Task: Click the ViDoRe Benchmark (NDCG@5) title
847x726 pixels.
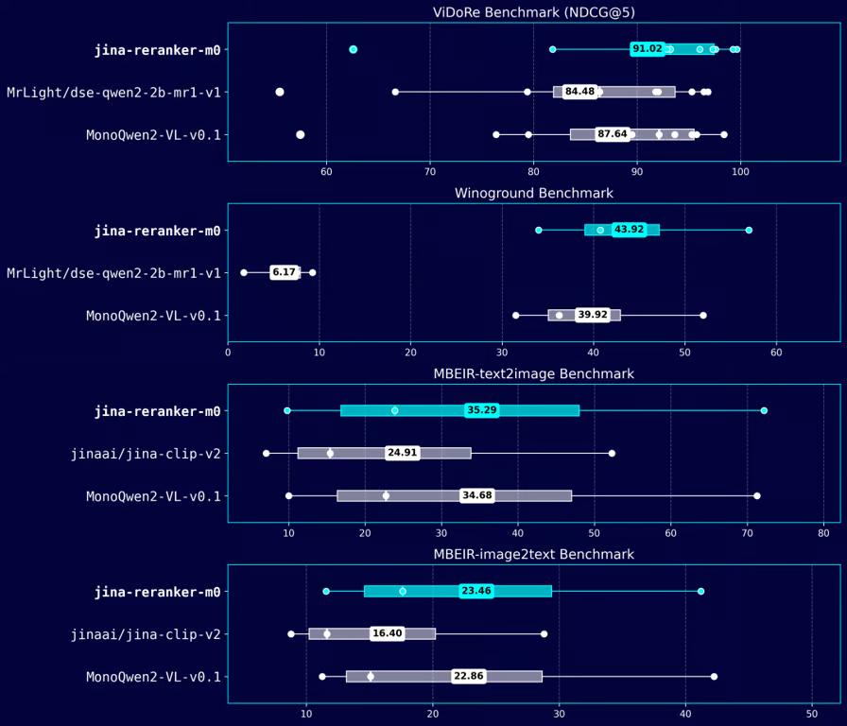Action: pos(533,12)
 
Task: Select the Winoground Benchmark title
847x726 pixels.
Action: pos(533,193)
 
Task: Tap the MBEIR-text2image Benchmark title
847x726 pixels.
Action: pos(533,373)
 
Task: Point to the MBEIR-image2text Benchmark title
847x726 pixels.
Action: pos(533,554)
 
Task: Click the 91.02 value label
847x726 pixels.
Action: pos(648,49)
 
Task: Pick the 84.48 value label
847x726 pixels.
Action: pos(579,92)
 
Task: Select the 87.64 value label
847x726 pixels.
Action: pos(613,134)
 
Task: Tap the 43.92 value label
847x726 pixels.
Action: pos(629,230)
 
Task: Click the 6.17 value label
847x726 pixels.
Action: pos(284,272)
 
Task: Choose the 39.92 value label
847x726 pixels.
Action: pos(592,315)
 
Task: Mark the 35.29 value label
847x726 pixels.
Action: pos(481,410)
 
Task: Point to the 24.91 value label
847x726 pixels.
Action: pos(402,453)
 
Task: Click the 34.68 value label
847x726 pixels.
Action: pos(476,495)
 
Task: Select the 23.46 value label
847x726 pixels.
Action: pos(476,591)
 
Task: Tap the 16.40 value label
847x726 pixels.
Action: pos(387,633)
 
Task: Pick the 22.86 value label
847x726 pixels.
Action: pos(469,676)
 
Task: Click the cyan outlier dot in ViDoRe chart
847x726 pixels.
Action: pos(354,49)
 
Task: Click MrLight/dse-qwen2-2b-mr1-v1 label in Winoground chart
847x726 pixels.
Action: pos(113,273)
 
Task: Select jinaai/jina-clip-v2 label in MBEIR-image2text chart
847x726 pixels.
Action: pos(146,634)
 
